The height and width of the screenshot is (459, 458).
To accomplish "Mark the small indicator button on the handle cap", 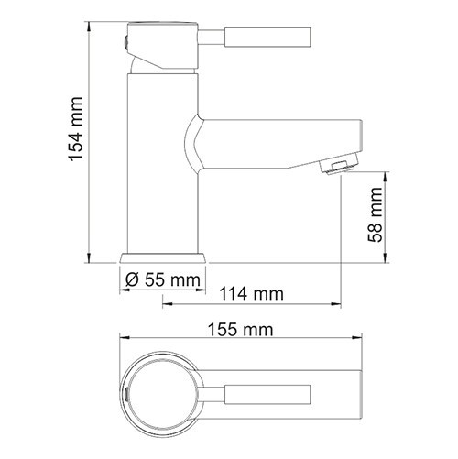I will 125,41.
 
